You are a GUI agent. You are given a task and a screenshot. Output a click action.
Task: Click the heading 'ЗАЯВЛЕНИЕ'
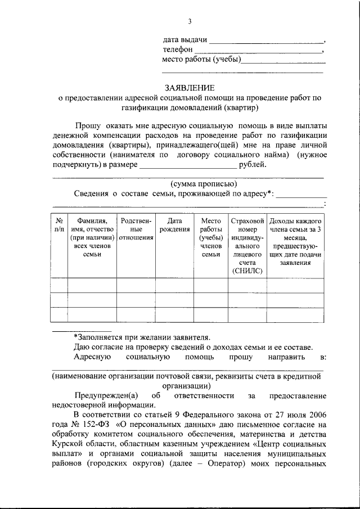(x=190, y=88)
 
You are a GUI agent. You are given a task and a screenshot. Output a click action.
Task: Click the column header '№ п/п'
(x=59, y=225)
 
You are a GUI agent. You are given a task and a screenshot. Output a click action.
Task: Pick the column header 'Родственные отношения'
(x=135, y=229)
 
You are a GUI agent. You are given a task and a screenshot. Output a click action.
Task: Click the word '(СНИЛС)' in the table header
(x=247, y=271)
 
